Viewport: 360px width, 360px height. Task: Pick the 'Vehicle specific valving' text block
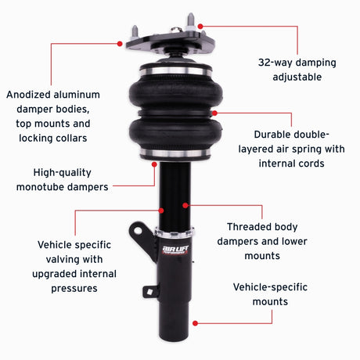coord(75,266)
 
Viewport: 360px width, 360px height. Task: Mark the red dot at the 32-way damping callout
coord(200,25)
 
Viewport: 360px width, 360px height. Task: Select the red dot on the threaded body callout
coord(185,205)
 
